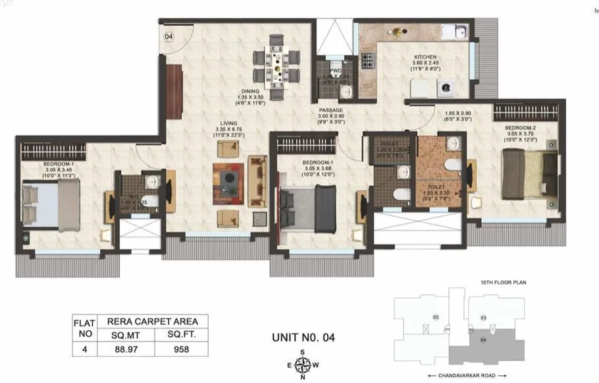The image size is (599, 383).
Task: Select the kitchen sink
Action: click(454, 31)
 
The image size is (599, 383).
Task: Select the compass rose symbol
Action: click(302, 365)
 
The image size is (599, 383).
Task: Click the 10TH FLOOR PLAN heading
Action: click(499, 282)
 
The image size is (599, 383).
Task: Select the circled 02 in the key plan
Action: click(436, 318)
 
